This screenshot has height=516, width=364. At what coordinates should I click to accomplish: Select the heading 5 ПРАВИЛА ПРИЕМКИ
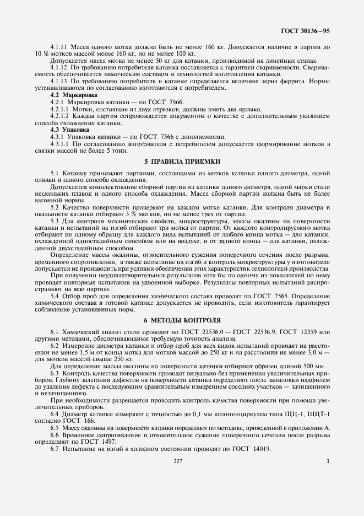[182, 162]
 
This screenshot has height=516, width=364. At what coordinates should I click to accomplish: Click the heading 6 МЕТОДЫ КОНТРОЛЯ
[182, 320]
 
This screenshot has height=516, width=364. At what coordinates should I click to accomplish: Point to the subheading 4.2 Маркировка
[70, 95]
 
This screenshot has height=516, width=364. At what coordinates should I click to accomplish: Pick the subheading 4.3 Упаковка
[67, 130]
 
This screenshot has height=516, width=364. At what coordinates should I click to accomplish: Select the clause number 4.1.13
[58, 81]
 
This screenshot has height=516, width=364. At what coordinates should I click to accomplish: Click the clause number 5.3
[54, 221]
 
